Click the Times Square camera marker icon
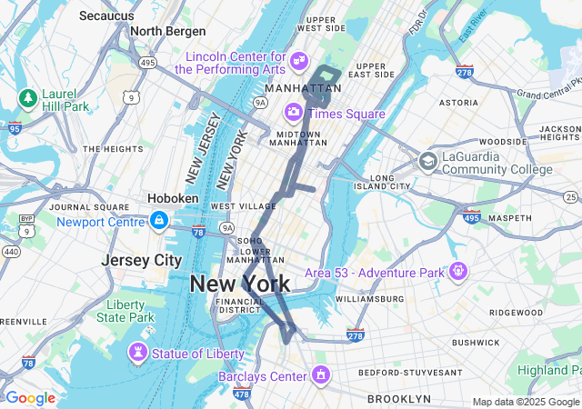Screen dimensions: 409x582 point(294,112)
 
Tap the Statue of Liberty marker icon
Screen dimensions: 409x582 point(138,351)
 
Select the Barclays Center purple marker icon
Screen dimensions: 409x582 point(320,374)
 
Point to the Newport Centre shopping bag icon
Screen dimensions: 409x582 point(159,220)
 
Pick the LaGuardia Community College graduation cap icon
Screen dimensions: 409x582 point(427,161)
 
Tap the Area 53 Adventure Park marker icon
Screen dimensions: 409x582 point(457,271)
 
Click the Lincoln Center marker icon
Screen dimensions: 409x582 point(299,60)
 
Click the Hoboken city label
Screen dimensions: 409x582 point(173,198)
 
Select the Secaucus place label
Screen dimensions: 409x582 point(107,15)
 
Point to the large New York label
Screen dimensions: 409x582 point(240,284)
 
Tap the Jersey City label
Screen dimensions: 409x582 point(141,260)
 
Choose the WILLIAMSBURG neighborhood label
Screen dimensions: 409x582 point(369,298)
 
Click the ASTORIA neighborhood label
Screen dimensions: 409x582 point(458,104)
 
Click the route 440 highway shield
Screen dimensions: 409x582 point(11,252)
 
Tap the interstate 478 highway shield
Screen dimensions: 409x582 point(242,393)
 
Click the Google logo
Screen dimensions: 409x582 point(29,398)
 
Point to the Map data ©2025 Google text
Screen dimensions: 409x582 point(525,402)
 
